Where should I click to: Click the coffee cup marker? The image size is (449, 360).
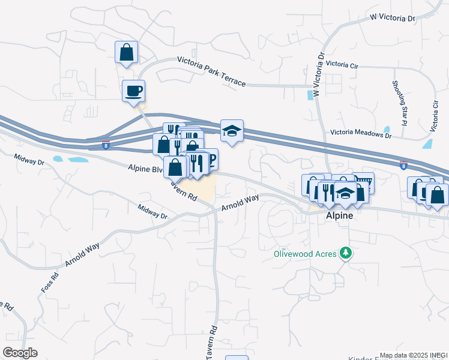click(133, 91)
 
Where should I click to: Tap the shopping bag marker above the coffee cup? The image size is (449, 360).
click(126, 52)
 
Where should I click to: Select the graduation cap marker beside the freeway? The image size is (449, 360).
click(231, 131)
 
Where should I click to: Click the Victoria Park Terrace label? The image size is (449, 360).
click(211, 71)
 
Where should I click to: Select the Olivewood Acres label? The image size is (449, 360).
click(304, 253)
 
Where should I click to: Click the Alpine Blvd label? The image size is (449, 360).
click(145, 169)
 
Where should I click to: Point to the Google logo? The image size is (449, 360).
click(20, 353)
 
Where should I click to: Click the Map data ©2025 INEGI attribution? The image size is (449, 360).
click(413, 355)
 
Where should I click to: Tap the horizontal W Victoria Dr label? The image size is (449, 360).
click(393, 19)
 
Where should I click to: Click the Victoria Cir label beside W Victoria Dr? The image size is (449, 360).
click(343, 64)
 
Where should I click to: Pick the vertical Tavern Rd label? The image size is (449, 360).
click(211, 343)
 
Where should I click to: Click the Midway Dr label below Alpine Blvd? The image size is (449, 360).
click(151, 212)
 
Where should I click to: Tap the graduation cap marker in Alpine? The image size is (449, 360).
click(345, 194)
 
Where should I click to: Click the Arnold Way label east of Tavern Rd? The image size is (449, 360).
click(240, 202)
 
